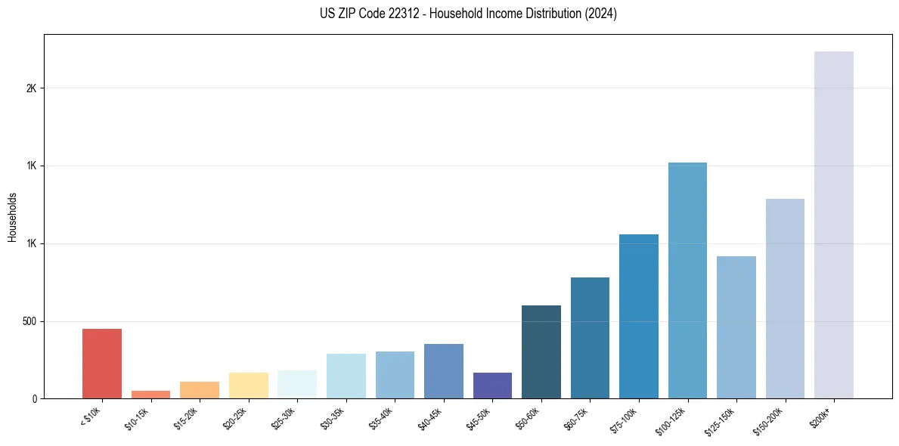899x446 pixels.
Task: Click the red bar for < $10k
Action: (102, 364)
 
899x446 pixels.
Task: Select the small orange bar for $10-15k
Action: (150, 395)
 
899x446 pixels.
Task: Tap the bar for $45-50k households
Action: (492, 386)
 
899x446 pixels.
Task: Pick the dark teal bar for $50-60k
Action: (541, 352)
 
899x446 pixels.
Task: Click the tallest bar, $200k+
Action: (834, 225)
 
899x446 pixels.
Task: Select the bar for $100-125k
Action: (687, 280)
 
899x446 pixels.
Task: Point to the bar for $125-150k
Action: (736, 327)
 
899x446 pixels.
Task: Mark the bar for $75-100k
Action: (639, 317)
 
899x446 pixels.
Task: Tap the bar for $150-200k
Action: (785, 299)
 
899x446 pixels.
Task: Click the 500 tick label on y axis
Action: (30, 321)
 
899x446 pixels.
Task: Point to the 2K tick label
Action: (32, 88)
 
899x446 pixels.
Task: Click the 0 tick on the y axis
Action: (35, 399)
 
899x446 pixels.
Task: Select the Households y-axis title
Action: (12, 217)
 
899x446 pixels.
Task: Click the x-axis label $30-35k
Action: (333, 420)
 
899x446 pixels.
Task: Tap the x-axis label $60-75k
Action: (578, 420)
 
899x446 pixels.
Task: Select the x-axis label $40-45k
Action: (431, 420)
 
